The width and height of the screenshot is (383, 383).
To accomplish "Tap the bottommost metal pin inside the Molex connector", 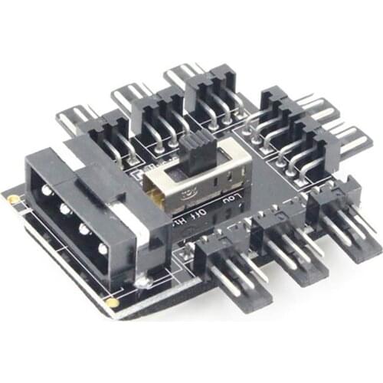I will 102,249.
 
